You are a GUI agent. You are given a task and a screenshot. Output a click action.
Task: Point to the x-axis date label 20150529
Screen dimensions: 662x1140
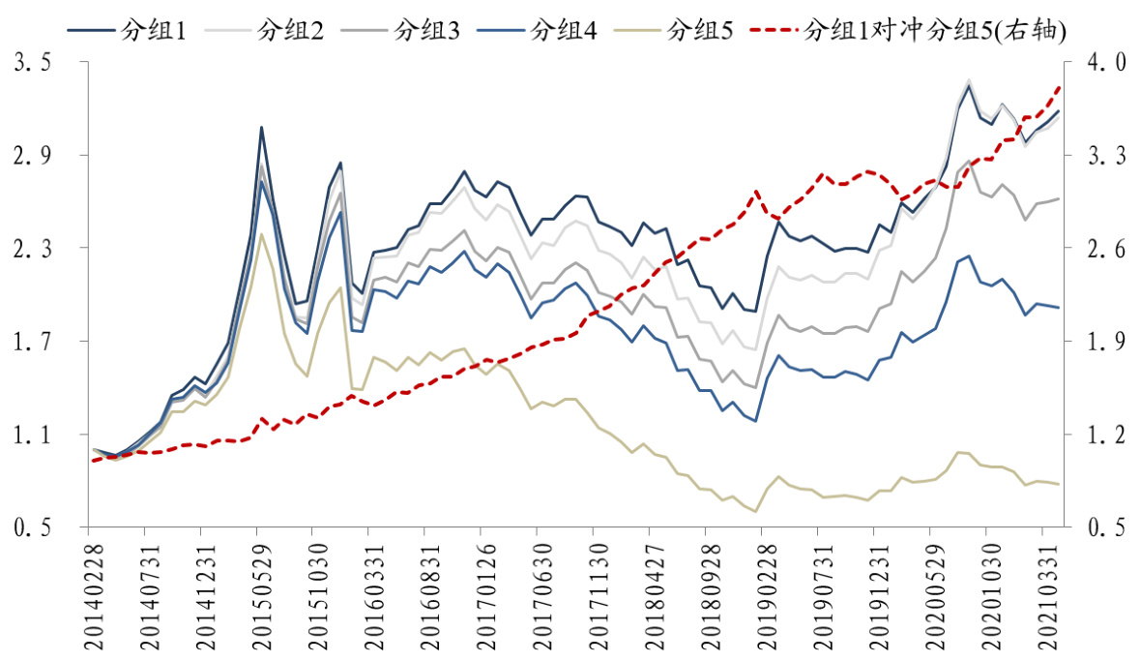[257, 590]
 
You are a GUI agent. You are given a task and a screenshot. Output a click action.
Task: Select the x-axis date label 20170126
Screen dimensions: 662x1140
[482, 590]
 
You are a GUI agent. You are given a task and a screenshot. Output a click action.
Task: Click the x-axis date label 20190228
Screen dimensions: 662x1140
[762, 590]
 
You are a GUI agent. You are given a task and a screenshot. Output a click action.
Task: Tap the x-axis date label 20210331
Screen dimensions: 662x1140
[1042, 590]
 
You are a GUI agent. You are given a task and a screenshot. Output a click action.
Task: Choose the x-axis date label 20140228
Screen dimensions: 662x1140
[89, 590]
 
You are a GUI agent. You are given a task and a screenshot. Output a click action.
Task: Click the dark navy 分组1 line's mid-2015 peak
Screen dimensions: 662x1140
[261, 127]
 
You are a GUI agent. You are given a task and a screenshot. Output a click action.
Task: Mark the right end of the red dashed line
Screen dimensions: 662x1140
[1060, 86]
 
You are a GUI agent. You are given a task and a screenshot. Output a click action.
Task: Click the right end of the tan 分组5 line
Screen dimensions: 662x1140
[1060, 484]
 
